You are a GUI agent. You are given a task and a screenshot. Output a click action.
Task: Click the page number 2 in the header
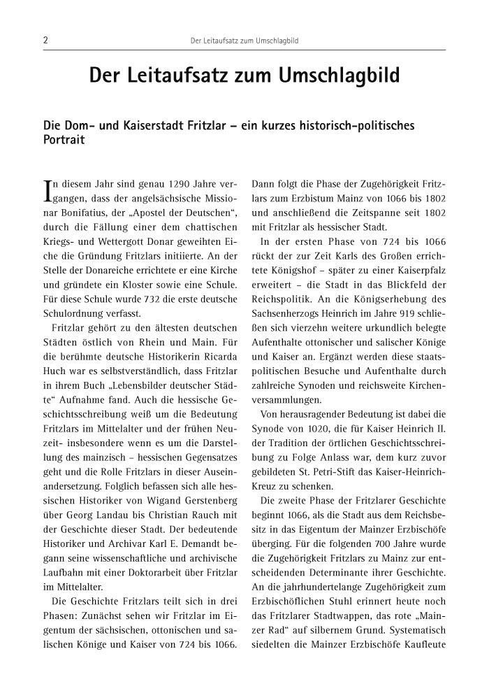(45, 41)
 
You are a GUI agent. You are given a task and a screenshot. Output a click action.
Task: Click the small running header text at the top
(245, 41)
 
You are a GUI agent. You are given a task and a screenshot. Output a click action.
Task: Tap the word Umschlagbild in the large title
(339, 78)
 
